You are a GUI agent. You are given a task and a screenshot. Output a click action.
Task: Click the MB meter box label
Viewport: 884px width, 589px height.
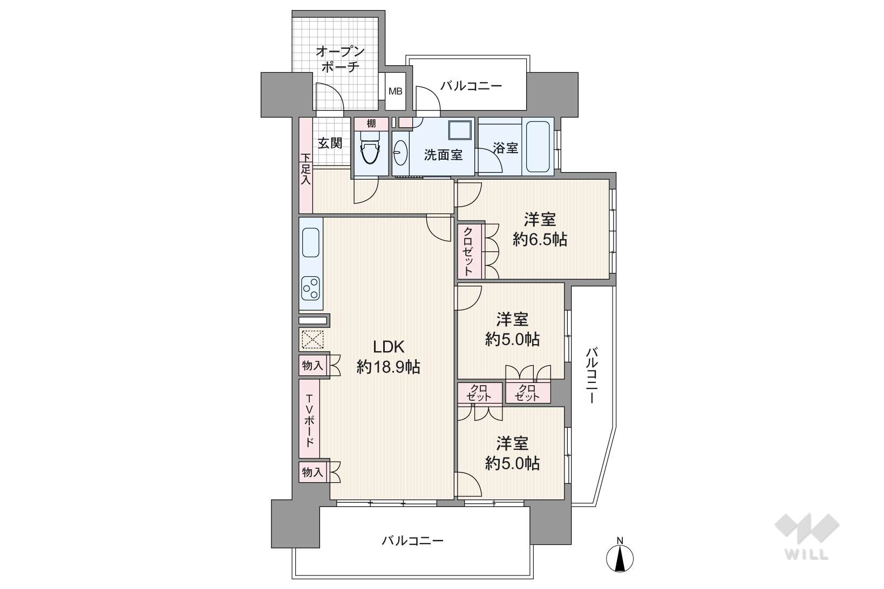[x=396, y=91]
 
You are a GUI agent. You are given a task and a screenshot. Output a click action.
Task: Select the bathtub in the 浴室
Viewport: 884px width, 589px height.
[x=538, y=147]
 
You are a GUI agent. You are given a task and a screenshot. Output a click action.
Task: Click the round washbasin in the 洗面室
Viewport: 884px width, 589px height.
[x=400, y=154]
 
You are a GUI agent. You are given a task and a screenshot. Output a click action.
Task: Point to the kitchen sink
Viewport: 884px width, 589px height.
[x=310, y=243]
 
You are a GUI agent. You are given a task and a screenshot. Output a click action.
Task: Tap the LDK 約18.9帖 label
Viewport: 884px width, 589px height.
[x=388, y=357]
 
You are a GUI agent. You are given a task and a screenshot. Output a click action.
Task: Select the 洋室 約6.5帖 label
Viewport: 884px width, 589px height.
[x=540, y=229]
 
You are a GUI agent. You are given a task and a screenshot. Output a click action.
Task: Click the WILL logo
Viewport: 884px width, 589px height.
[x=807, y=537]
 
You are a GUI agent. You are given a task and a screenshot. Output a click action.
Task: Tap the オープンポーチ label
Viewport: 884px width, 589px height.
[x=339, y=59]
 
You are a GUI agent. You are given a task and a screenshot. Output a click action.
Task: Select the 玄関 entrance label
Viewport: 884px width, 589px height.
[x=329, y=143]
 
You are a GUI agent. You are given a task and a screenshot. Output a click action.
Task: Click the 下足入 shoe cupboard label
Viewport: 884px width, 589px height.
[x=305, y=169]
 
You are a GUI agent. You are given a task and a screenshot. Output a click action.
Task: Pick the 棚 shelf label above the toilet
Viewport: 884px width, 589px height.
[x=371, y=124]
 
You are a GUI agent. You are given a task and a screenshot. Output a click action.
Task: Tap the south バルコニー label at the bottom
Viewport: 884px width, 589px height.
[x=412, y=540]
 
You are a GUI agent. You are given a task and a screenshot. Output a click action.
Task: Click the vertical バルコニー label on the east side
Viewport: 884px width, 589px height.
[x=591, y=376]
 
